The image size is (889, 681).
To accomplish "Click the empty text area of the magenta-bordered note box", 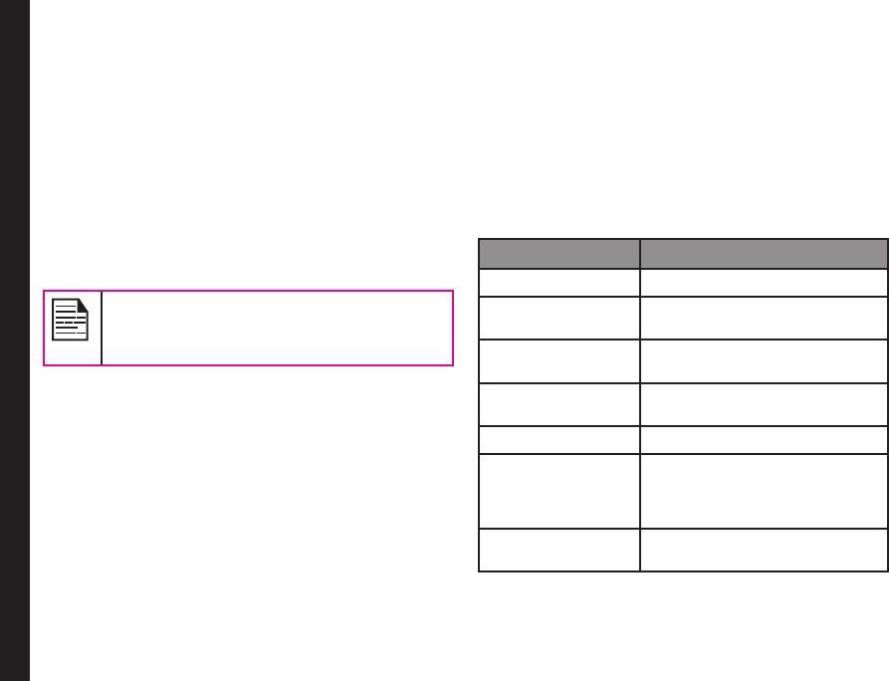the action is pos(277,328).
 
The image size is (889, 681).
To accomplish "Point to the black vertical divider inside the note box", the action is pos(102,328).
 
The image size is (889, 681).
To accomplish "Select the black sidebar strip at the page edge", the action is pos(15,340).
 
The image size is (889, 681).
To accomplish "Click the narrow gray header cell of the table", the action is pos(558,253).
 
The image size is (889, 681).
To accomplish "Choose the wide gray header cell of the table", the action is pos(764,253).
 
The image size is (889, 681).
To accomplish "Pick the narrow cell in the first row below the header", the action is pos(558,283).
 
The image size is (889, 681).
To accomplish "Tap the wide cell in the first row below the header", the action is pos(764,283).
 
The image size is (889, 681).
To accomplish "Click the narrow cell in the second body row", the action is pos(558,317).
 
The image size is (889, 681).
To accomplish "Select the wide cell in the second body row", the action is pos(764,317).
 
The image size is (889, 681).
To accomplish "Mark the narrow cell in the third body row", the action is pos(558,360).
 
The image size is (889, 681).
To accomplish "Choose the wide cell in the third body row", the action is pos(764,360).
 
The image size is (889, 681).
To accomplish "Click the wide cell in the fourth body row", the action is pos(764,404).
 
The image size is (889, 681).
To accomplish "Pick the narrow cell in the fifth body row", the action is pos(558,439).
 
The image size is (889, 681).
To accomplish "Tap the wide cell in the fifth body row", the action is pos(764,439).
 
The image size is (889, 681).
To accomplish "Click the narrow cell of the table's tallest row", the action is pos(558,491).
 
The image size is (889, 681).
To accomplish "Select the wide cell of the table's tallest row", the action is pos(764,491).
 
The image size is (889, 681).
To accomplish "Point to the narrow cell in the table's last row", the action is pos(558,551).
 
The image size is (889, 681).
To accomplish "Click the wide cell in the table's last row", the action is pos(764,551).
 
